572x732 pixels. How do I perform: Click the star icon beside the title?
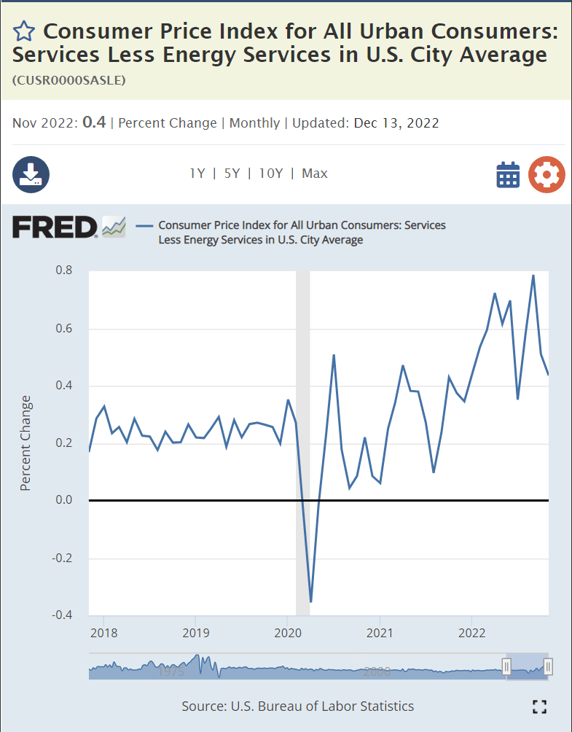point(23,31)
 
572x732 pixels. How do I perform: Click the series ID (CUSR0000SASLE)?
point(68,80)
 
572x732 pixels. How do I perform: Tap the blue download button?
point(31,174)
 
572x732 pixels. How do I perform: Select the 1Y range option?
point(197,174)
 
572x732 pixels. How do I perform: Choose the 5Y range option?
point(232,174)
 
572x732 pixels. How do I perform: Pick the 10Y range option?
point(270,174)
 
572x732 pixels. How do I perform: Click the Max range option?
point(315,174)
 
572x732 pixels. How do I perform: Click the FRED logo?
point(55,227)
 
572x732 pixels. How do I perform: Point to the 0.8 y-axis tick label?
point(64,270)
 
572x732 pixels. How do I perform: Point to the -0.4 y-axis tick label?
point(61,615)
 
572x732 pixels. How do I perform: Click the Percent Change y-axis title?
point(26,443)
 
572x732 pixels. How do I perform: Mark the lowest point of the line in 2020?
point(311,601)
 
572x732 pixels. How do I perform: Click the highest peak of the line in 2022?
point(533,276)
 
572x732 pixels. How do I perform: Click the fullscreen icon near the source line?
point(539,706)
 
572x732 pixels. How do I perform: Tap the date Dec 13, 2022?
point(396,122)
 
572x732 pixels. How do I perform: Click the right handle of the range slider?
point(548,666)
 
